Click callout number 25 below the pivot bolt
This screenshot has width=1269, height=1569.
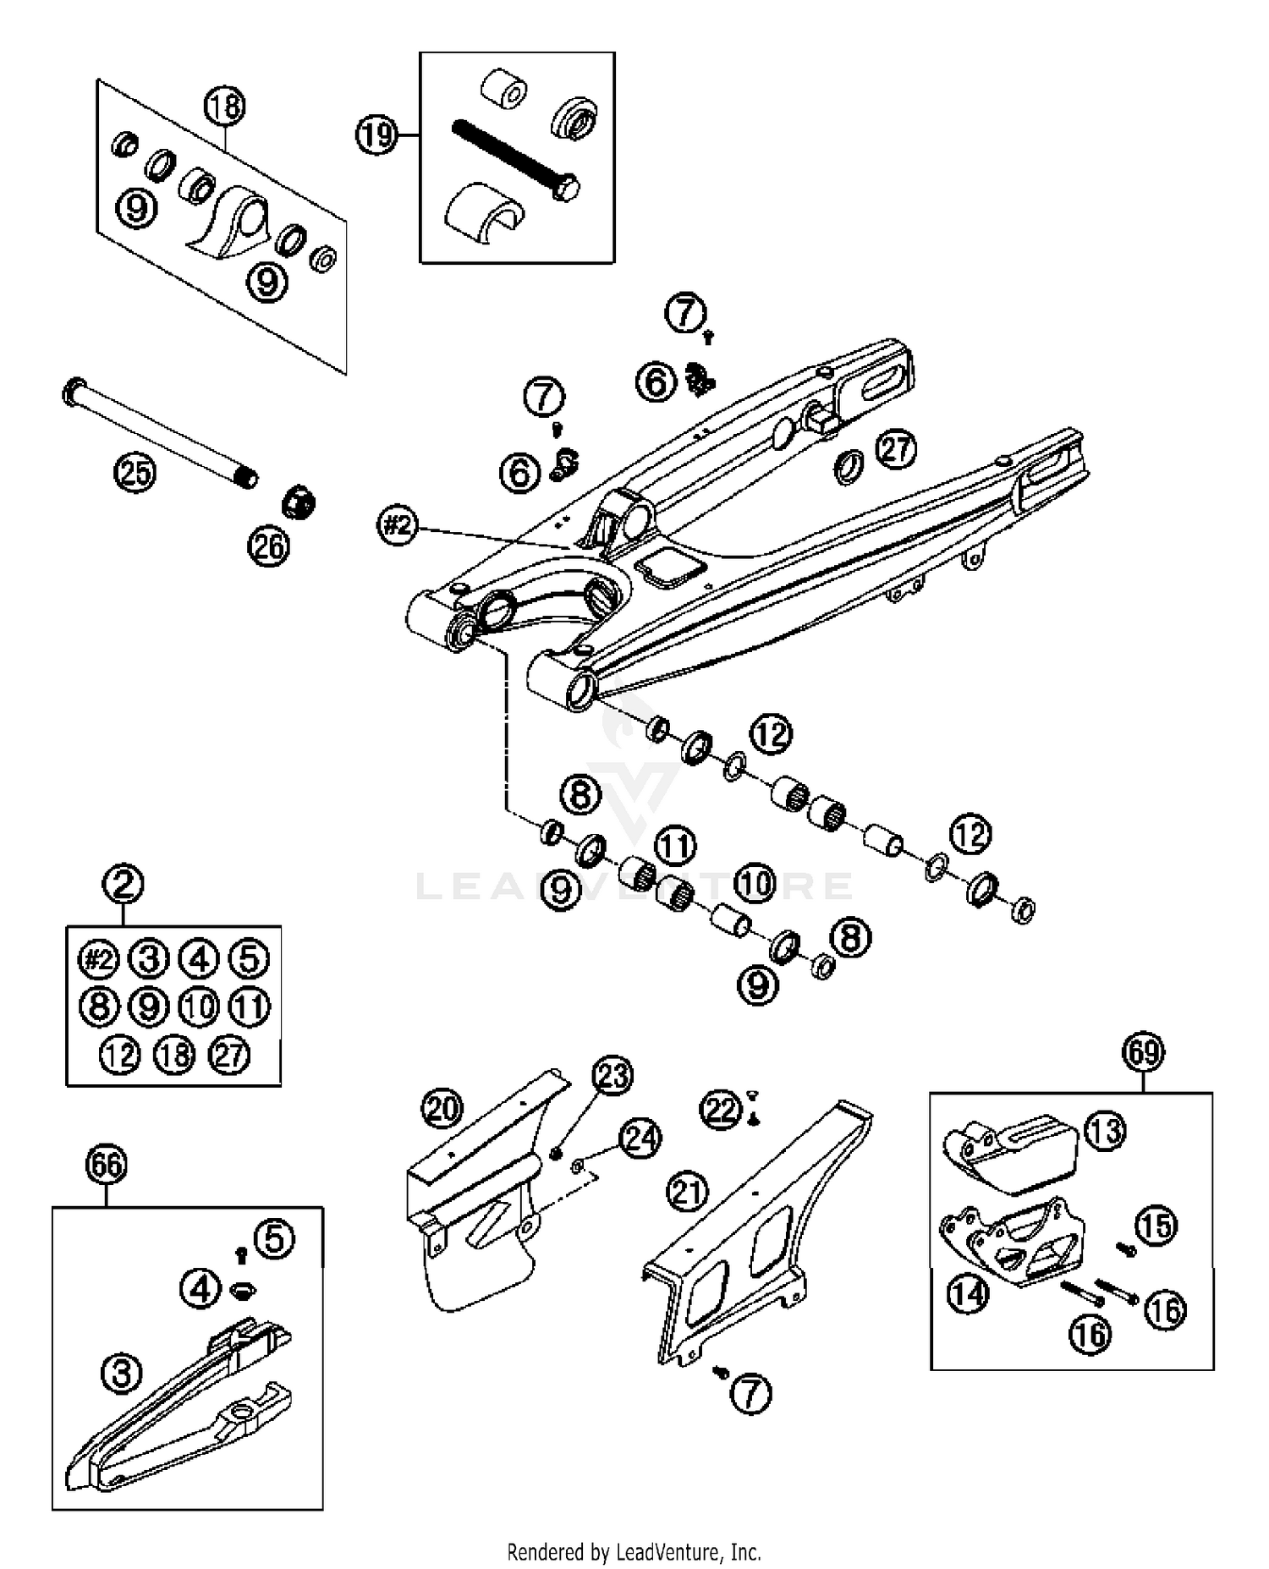pos(135,472)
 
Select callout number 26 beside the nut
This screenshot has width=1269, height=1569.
pos(268,547)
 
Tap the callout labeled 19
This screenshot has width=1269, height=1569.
pos(376,135)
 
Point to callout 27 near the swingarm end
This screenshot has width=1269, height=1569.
pos(896,448)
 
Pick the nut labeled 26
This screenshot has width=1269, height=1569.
pos(298,502)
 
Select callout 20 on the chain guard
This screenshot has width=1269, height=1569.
pos(442,1109)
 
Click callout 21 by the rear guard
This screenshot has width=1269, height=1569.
pos(687,1192)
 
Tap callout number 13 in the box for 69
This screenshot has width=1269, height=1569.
pos(1106,1131)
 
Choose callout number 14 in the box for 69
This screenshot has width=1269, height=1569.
pos(967,1293)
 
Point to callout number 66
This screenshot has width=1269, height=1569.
pos(106,1165)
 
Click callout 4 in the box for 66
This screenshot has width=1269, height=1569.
pos(200,1289)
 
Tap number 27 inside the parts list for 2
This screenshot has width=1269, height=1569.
pos(229,1055)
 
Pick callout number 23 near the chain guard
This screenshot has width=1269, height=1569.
pos(613,1075)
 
